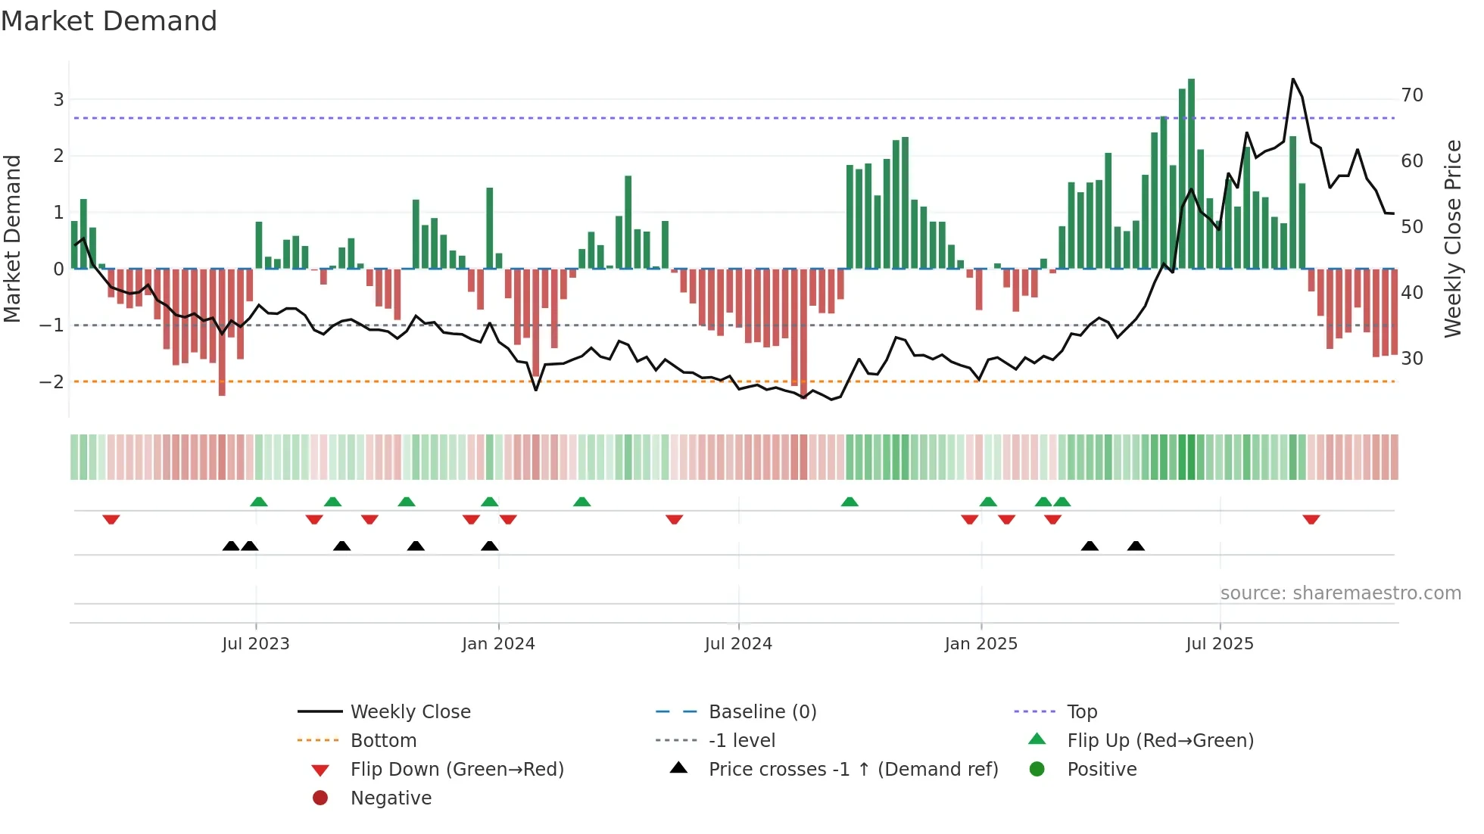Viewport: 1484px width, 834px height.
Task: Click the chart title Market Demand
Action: tap(109, 21)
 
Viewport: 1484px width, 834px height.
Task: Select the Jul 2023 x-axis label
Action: tap(256, 644)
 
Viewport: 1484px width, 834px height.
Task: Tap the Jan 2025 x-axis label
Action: tap(981, 644)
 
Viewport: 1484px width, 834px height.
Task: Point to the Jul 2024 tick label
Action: tap(738, 644)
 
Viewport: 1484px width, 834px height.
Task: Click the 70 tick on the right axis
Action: tap(1412, 95)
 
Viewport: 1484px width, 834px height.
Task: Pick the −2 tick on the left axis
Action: tap(52, 381)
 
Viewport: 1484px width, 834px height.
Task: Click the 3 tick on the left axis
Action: tap(58, 99)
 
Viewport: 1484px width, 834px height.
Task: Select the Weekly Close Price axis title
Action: tap(1452, 238)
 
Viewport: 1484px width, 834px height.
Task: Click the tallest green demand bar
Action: tap(1192, 174)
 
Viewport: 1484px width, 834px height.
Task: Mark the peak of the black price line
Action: tap(1293, 79)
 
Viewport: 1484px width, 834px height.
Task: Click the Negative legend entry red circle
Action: tap(320, 798)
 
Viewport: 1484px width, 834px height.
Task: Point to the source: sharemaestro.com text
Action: tap(1340, 593)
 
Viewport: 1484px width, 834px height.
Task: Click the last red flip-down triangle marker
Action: tap(1311, 520)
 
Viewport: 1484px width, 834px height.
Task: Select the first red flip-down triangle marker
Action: tap(111, 520)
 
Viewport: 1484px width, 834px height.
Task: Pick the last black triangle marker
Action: tap(1136, 546)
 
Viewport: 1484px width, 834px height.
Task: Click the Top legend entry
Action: tap(1082, 712)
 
